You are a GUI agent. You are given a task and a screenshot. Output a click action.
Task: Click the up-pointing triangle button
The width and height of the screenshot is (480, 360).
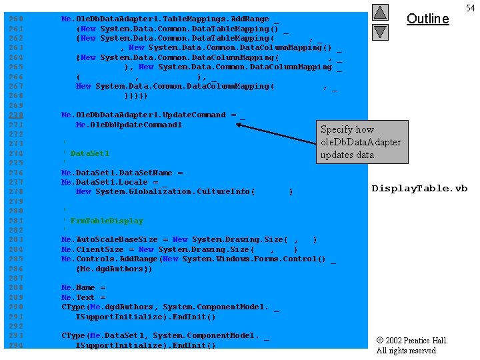pos(379,12)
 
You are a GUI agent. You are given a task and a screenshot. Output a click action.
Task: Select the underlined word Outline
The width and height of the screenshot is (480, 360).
pos(427,19)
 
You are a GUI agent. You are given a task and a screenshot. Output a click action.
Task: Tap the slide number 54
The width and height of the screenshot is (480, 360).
pos(470,7)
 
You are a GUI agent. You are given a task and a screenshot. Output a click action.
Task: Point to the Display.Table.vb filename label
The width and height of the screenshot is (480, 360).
pos(419,188)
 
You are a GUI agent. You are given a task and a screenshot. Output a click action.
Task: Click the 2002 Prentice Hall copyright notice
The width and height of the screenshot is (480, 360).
pos(411,345)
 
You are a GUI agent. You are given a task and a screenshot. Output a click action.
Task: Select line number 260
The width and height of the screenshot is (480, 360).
pos(15,19)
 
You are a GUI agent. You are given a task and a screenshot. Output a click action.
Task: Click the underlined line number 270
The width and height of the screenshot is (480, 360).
pos(15,115)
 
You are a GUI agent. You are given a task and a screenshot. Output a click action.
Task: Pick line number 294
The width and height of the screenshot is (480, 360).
pos(15,345)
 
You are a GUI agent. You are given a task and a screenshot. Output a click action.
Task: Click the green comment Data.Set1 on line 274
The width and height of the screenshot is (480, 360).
pos(89,153)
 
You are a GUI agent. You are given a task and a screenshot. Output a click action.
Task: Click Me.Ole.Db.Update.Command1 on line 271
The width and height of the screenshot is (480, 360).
pos(129,125)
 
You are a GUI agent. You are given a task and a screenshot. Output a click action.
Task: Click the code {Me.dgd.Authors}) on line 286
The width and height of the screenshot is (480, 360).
pos(114,269)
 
